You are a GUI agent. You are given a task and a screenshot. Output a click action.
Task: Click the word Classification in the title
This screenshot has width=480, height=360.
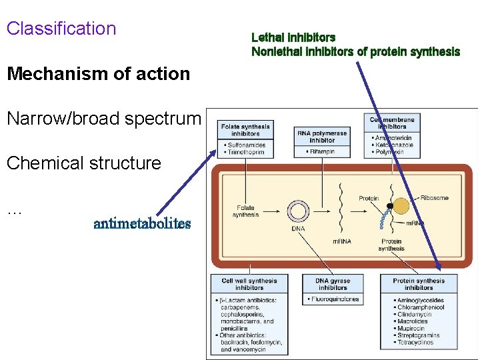click(61, 29)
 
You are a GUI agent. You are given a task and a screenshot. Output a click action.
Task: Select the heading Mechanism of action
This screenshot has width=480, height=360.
click(98, 74)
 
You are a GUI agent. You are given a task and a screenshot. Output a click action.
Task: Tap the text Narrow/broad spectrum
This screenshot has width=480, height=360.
click(103, 119)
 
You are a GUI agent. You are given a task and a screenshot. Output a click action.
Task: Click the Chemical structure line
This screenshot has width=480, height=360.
click(83, 163)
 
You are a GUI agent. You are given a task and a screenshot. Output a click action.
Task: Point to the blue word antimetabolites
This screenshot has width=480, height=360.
click(142, 223)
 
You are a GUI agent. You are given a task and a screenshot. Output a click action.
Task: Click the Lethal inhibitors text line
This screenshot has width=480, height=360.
click(293, 37)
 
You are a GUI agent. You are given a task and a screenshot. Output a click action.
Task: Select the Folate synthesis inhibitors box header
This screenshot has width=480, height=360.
click(245, 130)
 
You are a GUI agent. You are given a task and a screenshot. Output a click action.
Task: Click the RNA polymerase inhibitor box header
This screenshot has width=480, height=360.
click(322, 137)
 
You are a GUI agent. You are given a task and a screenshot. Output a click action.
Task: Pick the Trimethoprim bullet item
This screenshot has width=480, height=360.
click(246, 152)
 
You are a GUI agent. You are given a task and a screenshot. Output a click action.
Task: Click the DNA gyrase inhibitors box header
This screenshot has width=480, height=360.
click(333, 284)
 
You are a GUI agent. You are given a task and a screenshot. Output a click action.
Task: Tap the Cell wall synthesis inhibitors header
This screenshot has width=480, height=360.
click(249, 284)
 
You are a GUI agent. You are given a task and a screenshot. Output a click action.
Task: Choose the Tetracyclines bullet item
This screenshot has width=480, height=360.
click(414, 342)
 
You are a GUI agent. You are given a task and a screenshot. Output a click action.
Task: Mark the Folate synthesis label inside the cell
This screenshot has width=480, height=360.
click(246, 211)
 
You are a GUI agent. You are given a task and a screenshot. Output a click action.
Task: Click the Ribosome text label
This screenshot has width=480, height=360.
click(435, 197)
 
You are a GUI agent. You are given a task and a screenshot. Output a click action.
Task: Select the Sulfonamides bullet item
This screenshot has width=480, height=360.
click(246, 145)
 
